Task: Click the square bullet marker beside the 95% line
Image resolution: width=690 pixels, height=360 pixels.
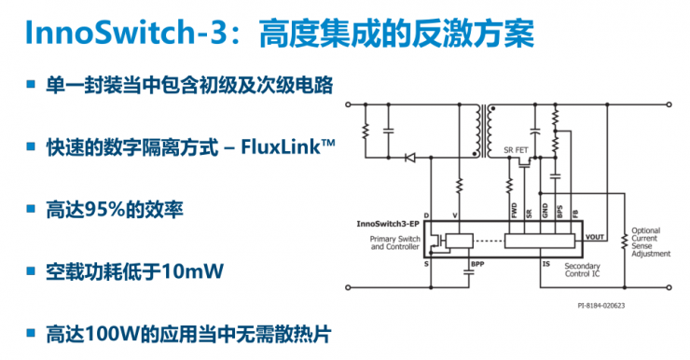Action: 32,209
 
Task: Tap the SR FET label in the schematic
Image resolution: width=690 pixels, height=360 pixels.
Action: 517,150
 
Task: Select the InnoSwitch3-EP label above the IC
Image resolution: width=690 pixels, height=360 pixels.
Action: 385,225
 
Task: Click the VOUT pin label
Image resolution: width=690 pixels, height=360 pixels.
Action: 595,237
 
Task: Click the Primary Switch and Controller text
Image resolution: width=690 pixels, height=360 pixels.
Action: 396,243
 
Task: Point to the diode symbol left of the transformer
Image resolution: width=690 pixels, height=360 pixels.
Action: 409,158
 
